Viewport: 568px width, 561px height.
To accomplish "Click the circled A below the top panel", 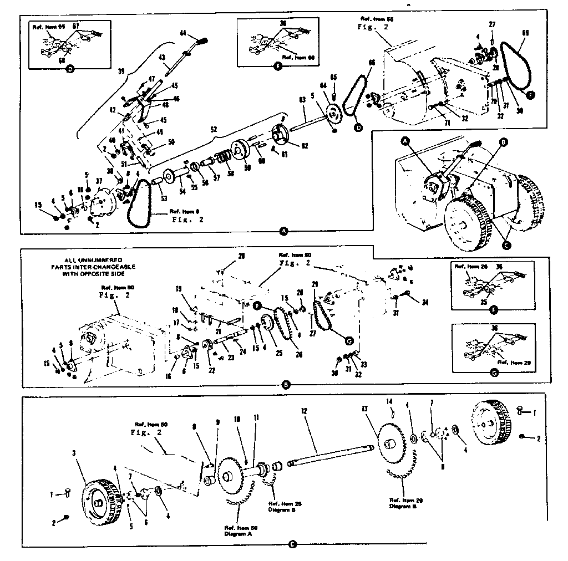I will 285,231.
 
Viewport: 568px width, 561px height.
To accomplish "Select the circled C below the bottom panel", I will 292,544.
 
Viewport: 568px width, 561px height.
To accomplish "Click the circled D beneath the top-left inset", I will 70,69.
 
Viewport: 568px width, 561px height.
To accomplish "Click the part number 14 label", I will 389,401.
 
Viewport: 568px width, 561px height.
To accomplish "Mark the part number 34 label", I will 425,302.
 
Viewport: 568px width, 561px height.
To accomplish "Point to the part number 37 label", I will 98,181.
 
